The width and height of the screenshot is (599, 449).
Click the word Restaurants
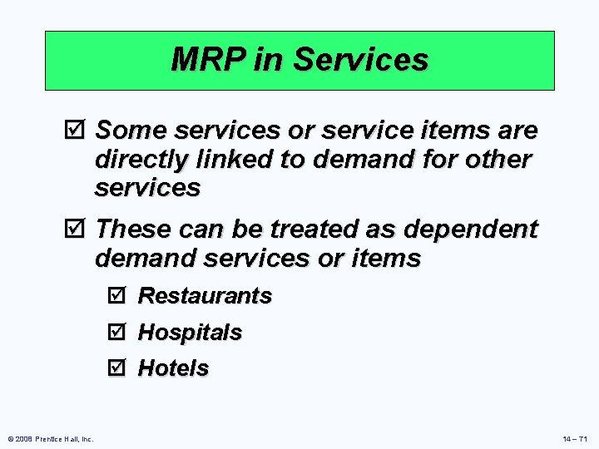click(x=205, y=296)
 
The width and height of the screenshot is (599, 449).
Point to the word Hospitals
click(x=190, y=333)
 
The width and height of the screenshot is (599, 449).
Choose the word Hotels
click(x=173, y=368)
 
